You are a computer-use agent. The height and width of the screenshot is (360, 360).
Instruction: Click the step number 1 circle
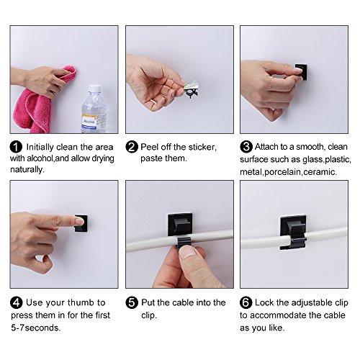pyautogui.click(x=16, y=147)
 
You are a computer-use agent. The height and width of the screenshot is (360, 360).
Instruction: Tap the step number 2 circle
pyautogui.click(x=132, y=147)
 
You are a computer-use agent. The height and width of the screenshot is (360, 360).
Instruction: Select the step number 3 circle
pyautogui.click(x=246, y=147)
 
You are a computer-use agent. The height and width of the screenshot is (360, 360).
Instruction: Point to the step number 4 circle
pyautogui.click(x=17, y=302)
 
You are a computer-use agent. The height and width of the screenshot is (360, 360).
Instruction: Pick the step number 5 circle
pyautogui.click(x=132, y=302)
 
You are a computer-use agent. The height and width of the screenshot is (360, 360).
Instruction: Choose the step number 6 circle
pyautogui.click(x=246, y=302)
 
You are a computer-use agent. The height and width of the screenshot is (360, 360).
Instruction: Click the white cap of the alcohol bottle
pyautogui.click(x=94, y=89)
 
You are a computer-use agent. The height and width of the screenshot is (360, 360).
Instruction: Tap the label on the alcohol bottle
pyautogui.click(x=89, y=122)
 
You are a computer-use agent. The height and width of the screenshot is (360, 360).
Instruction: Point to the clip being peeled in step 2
pyautogui.click(x=192, y=89)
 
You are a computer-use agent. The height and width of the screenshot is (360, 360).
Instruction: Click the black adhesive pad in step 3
pyautogui.click(x=301, y=71)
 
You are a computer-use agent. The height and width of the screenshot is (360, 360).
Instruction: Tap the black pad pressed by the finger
pyautogui.click(x=81, y=223)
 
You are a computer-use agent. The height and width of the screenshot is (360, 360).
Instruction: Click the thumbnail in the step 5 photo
pyautogui.click(x=188, y=252)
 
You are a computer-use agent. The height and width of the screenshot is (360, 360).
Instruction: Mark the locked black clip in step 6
pyautogui.click(x=293, y=232)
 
